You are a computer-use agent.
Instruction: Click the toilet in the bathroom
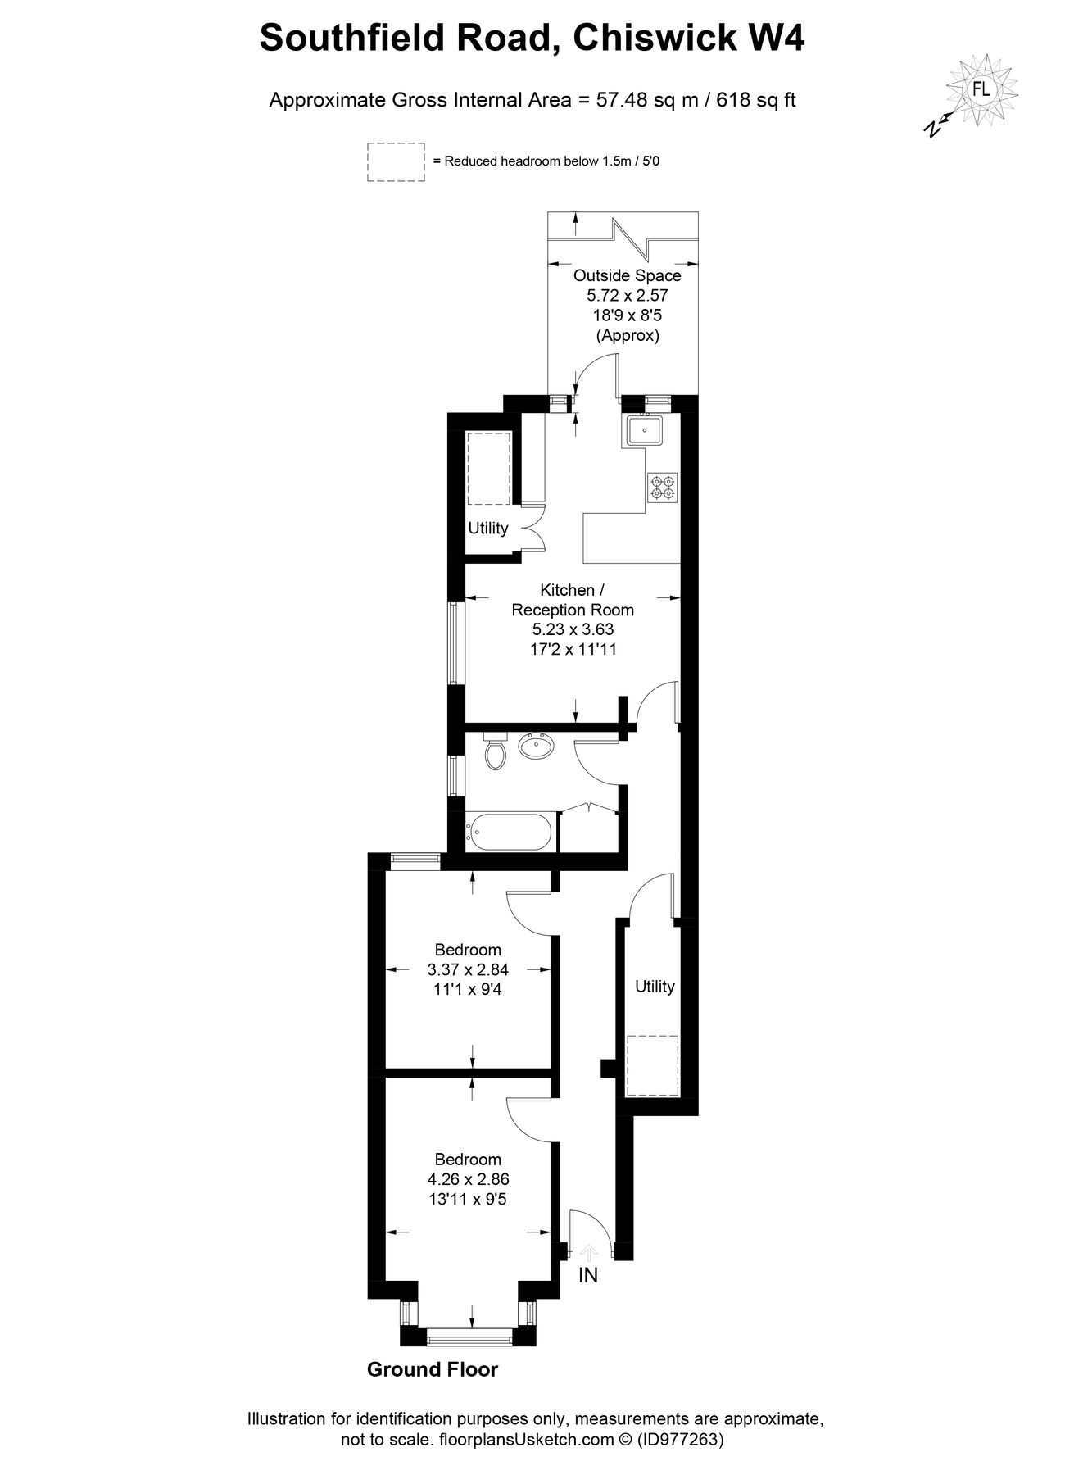[x=495, y=751]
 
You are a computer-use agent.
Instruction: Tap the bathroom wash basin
[x=537, y=747]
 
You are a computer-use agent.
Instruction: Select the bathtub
[x=509, y=832]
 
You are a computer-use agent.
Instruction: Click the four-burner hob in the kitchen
[x=662, y=488]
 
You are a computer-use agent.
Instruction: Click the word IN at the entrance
[x=588, y=1275]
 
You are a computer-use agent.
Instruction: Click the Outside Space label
[x=627, y=275]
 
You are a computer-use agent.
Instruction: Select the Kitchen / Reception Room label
[x=573, y=600]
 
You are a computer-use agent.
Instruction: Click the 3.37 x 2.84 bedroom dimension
[x=468, y=969]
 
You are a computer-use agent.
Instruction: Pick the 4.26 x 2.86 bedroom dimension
[x=468, y=1179]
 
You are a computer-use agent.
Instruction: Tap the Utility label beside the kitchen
[x=487, y=528]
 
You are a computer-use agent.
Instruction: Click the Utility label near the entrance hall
[x=655, y=987]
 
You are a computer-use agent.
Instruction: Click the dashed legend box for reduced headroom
[x=395, y=161]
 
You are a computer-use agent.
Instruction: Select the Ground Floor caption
[x=432, y=1369]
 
